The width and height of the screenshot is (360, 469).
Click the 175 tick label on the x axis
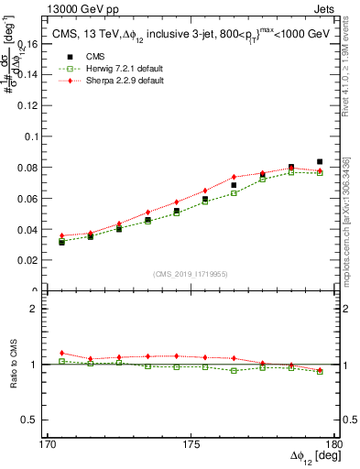point(191,444)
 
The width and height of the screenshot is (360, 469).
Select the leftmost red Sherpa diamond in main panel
point(61,235)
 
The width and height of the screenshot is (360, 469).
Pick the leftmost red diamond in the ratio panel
point(61,353)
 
